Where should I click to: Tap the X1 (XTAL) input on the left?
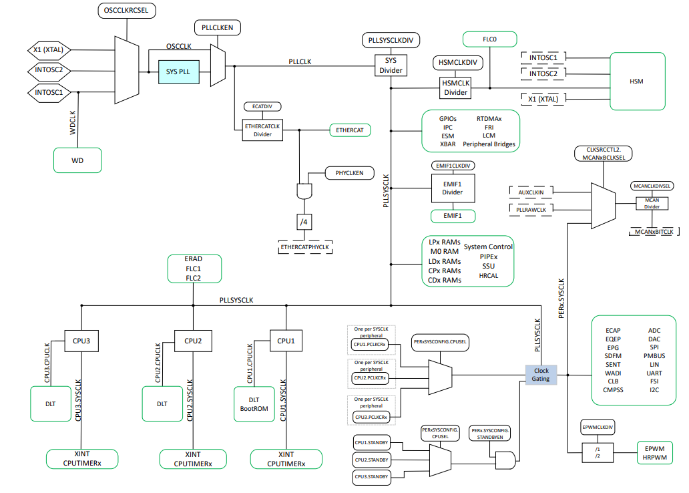(x=49, y=50)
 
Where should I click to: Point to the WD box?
(x=77, y=160)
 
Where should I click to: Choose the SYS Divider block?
(x=391, y=65)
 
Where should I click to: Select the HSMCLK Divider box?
(x=457, y=88)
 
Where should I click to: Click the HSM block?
(x=636, y=81)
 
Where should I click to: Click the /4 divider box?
(x=304, y=221)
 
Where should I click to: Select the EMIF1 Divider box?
(x=452, y=188)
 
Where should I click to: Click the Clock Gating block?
(x=541, y=375)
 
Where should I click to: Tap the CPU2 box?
(x=193, y=341)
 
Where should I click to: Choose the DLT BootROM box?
(x=253, y=404)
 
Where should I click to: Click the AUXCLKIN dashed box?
(x=531, y=192)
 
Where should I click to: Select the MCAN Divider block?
(x=652, y=203)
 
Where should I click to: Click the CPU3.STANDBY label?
(x=371, y=476)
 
